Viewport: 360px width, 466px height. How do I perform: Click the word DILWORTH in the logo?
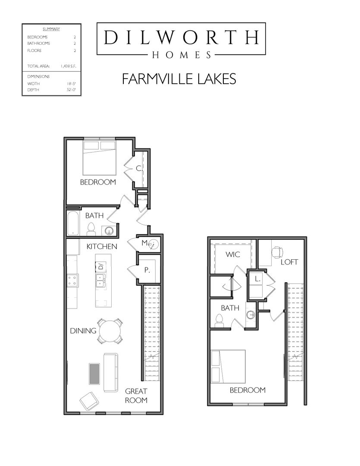(181, 37)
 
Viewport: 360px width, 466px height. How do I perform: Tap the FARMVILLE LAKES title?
(179, 79)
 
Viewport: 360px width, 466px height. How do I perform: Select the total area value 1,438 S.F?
(68, 66)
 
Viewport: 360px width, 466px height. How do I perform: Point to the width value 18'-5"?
(72, 84)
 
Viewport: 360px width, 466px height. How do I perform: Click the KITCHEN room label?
(102, 246)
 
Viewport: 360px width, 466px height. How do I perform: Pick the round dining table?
(110, 331)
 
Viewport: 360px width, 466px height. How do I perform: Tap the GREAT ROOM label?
(136, 396)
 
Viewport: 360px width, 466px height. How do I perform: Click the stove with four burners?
(72, 280)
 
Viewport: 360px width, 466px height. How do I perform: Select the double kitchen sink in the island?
(101, 280)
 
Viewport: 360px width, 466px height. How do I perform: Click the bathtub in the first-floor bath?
(73, 223)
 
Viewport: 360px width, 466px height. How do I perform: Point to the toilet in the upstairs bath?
(219, 321)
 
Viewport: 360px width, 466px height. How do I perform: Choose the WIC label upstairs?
(232, 255)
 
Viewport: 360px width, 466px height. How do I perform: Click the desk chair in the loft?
(278, 252)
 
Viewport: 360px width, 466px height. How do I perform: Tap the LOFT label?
(289, 262)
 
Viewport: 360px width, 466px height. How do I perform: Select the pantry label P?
(147, 270)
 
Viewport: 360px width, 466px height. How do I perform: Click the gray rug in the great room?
(95, 373)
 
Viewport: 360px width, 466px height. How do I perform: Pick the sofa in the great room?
(110, 372)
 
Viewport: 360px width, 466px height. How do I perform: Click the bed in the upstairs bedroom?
(228, 366)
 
